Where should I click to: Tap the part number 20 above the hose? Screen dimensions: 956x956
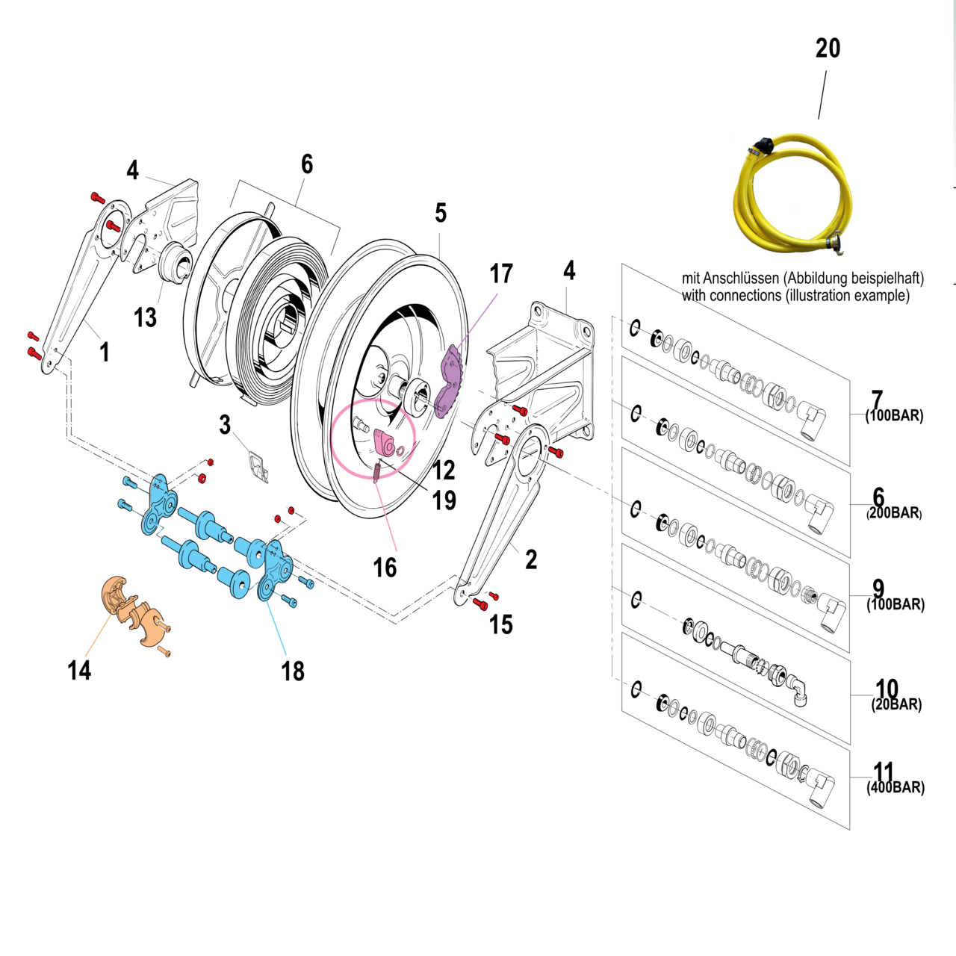[x=828, y=49]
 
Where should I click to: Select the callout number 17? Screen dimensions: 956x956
[x=501, y=274]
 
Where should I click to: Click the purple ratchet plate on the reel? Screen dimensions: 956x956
[x=451, y=381]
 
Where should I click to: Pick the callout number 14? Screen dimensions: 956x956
[x=79, y=670]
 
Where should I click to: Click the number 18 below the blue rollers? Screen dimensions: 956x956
[x=293, y=671]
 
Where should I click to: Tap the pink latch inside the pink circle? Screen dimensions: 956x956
[x=386, y=443]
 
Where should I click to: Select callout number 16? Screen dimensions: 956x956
[x=385, y=568]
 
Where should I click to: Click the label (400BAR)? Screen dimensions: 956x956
[x=896, y=787]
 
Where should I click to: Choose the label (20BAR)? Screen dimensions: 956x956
[x=896, y=704]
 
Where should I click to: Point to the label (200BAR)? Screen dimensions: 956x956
[x=894, y=513]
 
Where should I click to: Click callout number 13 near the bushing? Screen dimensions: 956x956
[x=145, y=317]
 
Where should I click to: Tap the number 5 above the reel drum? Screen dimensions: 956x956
[x=441, y=214]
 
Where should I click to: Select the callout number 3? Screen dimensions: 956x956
[x=225, y=425]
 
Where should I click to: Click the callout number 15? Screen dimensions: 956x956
[x=500, y=624]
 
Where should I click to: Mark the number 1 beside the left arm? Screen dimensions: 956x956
[x=105, y=352]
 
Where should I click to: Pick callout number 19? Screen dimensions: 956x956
[x=444, y=500]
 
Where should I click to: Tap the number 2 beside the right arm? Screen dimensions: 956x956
[x=530, y=559]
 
